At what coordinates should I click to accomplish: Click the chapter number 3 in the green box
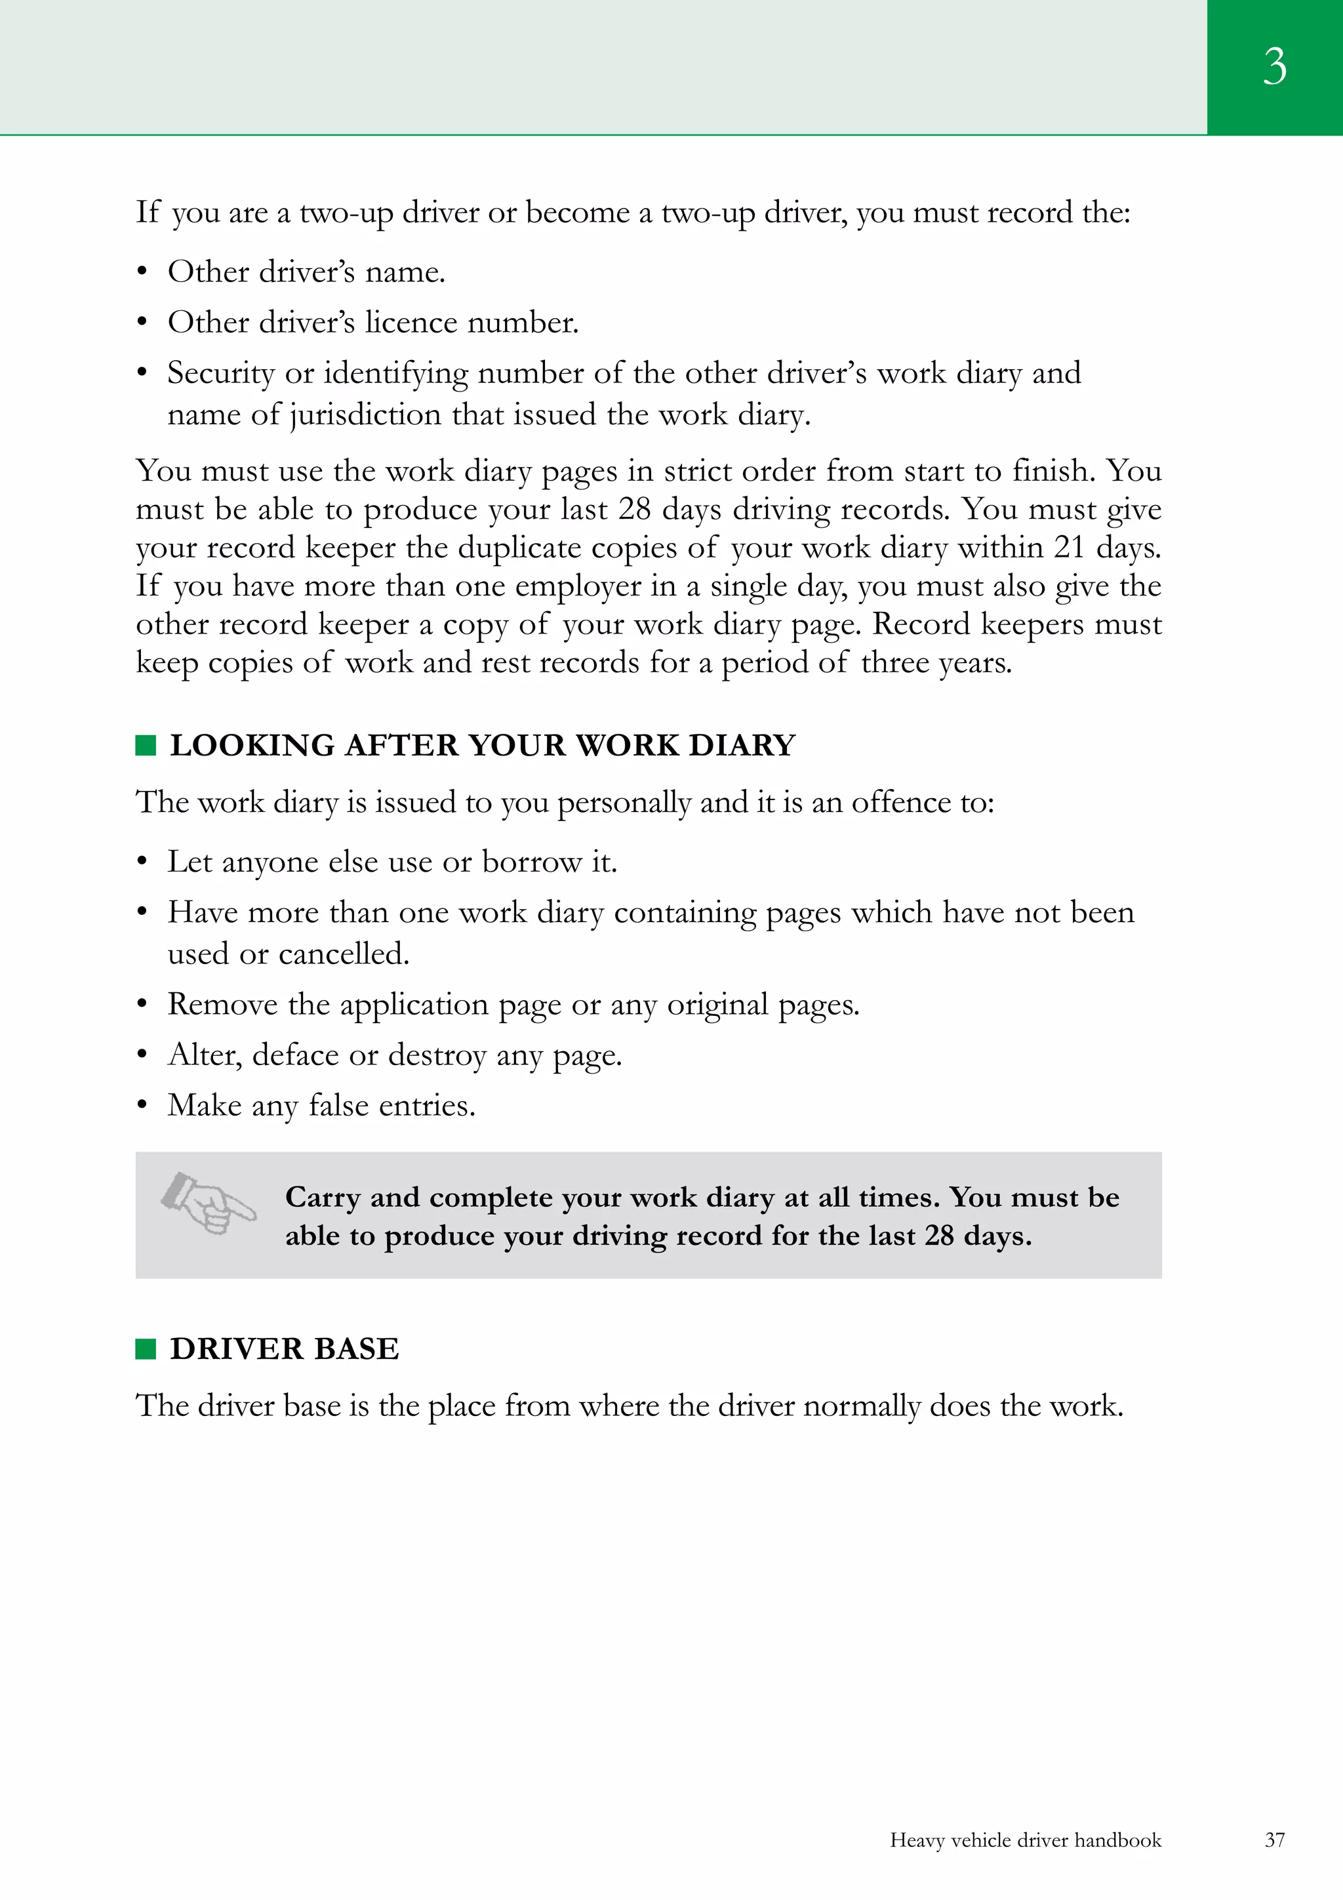pyautogui.click(x=1274, y=66)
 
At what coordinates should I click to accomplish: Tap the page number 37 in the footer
pyautogui.click(x=1274, y=1840)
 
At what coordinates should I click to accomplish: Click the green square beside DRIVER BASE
pyautogui.click(x=146, y=1349)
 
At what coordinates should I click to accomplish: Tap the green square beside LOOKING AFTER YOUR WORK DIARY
pyautogui.click(x=146, y=746)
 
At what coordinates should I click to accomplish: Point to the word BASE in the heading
pyautogui.click(x=357, y=1349)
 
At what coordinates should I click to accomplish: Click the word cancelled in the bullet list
pyautogui.click(x=344, y=954)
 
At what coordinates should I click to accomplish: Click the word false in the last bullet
pyautogui.click(x=338, y=1106)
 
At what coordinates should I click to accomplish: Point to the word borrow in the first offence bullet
pyautogui.click(x=532, y=862)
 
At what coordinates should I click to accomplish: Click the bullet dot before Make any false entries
pyautogui.click(x=142, y=1106)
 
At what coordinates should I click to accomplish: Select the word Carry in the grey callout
pyautogui.click(x=322, y=1198)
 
